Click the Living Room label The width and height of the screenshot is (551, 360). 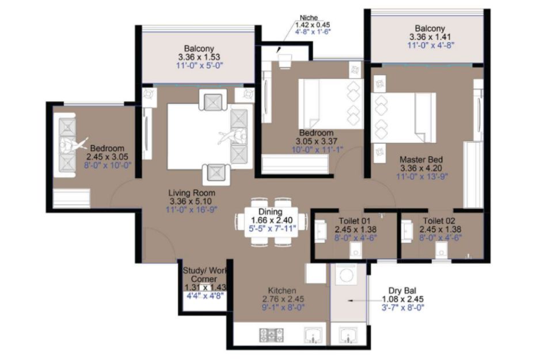click(x=192, y=192)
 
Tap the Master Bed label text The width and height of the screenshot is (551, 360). click(x=421, y=160)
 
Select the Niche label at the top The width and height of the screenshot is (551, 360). click(x=309, y=18)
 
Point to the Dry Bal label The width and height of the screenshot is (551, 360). click(x=402, y=291)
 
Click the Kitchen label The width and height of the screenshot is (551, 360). click(x=282, y=291)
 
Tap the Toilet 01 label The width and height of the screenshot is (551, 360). click(x=355, y=221)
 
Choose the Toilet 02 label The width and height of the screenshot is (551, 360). click(x=439, y=221)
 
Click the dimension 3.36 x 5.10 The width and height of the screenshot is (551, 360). click(x=191, y=202)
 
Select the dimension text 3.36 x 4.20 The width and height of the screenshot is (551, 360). click(x=421, y=168)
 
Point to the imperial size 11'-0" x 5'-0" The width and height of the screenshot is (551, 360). click(x=200, y=66)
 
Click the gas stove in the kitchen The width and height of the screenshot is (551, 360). click(x=271, y=335)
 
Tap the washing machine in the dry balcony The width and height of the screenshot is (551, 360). click(x=346, y=274)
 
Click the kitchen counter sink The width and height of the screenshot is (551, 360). click(x=313, y=336)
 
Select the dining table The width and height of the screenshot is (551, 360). click(x=271, y=222)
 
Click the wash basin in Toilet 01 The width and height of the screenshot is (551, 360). click(x=321, y=231)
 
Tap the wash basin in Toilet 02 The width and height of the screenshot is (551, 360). click(x=407, y=231)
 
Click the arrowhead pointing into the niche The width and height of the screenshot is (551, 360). click(x=280, y=50)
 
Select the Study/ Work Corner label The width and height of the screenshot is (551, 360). click(x=205, y=275)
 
